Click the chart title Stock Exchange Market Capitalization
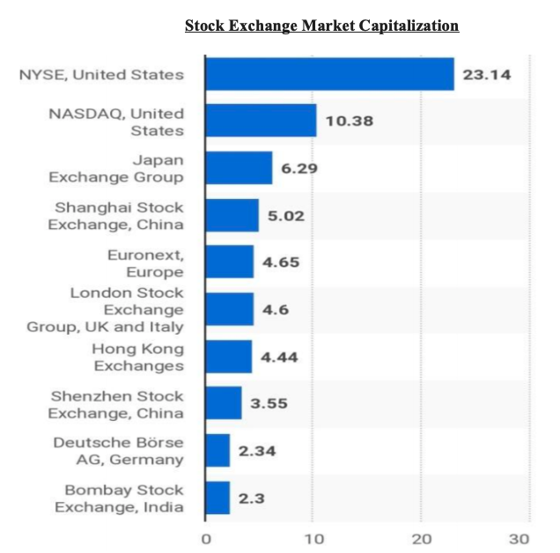tap(321, 26)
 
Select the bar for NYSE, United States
tap(329, 74)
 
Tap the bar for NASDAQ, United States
tap(261, 121)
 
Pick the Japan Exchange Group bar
tap(239, 167)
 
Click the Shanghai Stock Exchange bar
tap(232, 215)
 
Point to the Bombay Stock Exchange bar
tap(217, 498)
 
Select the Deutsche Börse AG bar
tap(217, 450)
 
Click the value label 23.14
tap(486, 75)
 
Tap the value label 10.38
tap(350, 121)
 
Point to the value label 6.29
tap(299, 167)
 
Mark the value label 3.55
tap(269, 403)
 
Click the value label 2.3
tap(254, 498)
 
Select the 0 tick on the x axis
tap(205, 539)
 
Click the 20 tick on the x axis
tap(422, 539)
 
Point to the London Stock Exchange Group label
tap(127, 309)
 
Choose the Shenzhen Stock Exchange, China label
tap(116, 403)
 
